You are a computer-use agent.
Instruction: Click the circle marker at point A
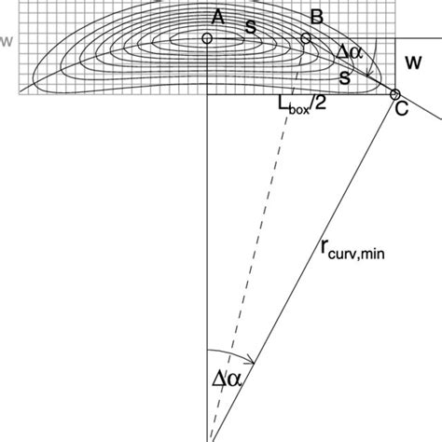(x=207, y=38)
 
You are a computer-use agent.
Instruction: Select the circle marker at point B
(x=305, y=38)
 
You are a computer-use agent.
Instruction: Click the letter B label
(x=316, y=16)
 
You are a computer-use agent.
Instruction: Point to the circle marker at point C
(x=394, y=94)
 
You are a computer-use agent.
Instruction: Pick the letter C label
(x=402, y=108)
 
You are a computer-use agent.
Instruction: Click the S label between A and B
(x=250, y=27)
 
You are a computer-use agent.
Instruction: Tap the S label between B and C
(x=344, y=79)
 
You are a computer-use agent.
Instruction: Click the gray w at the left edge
(x=7, y=41)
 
